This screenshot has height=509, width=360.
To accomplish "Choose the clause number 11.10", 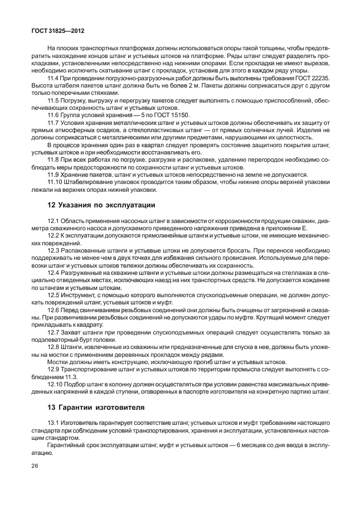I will point(55,181).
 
